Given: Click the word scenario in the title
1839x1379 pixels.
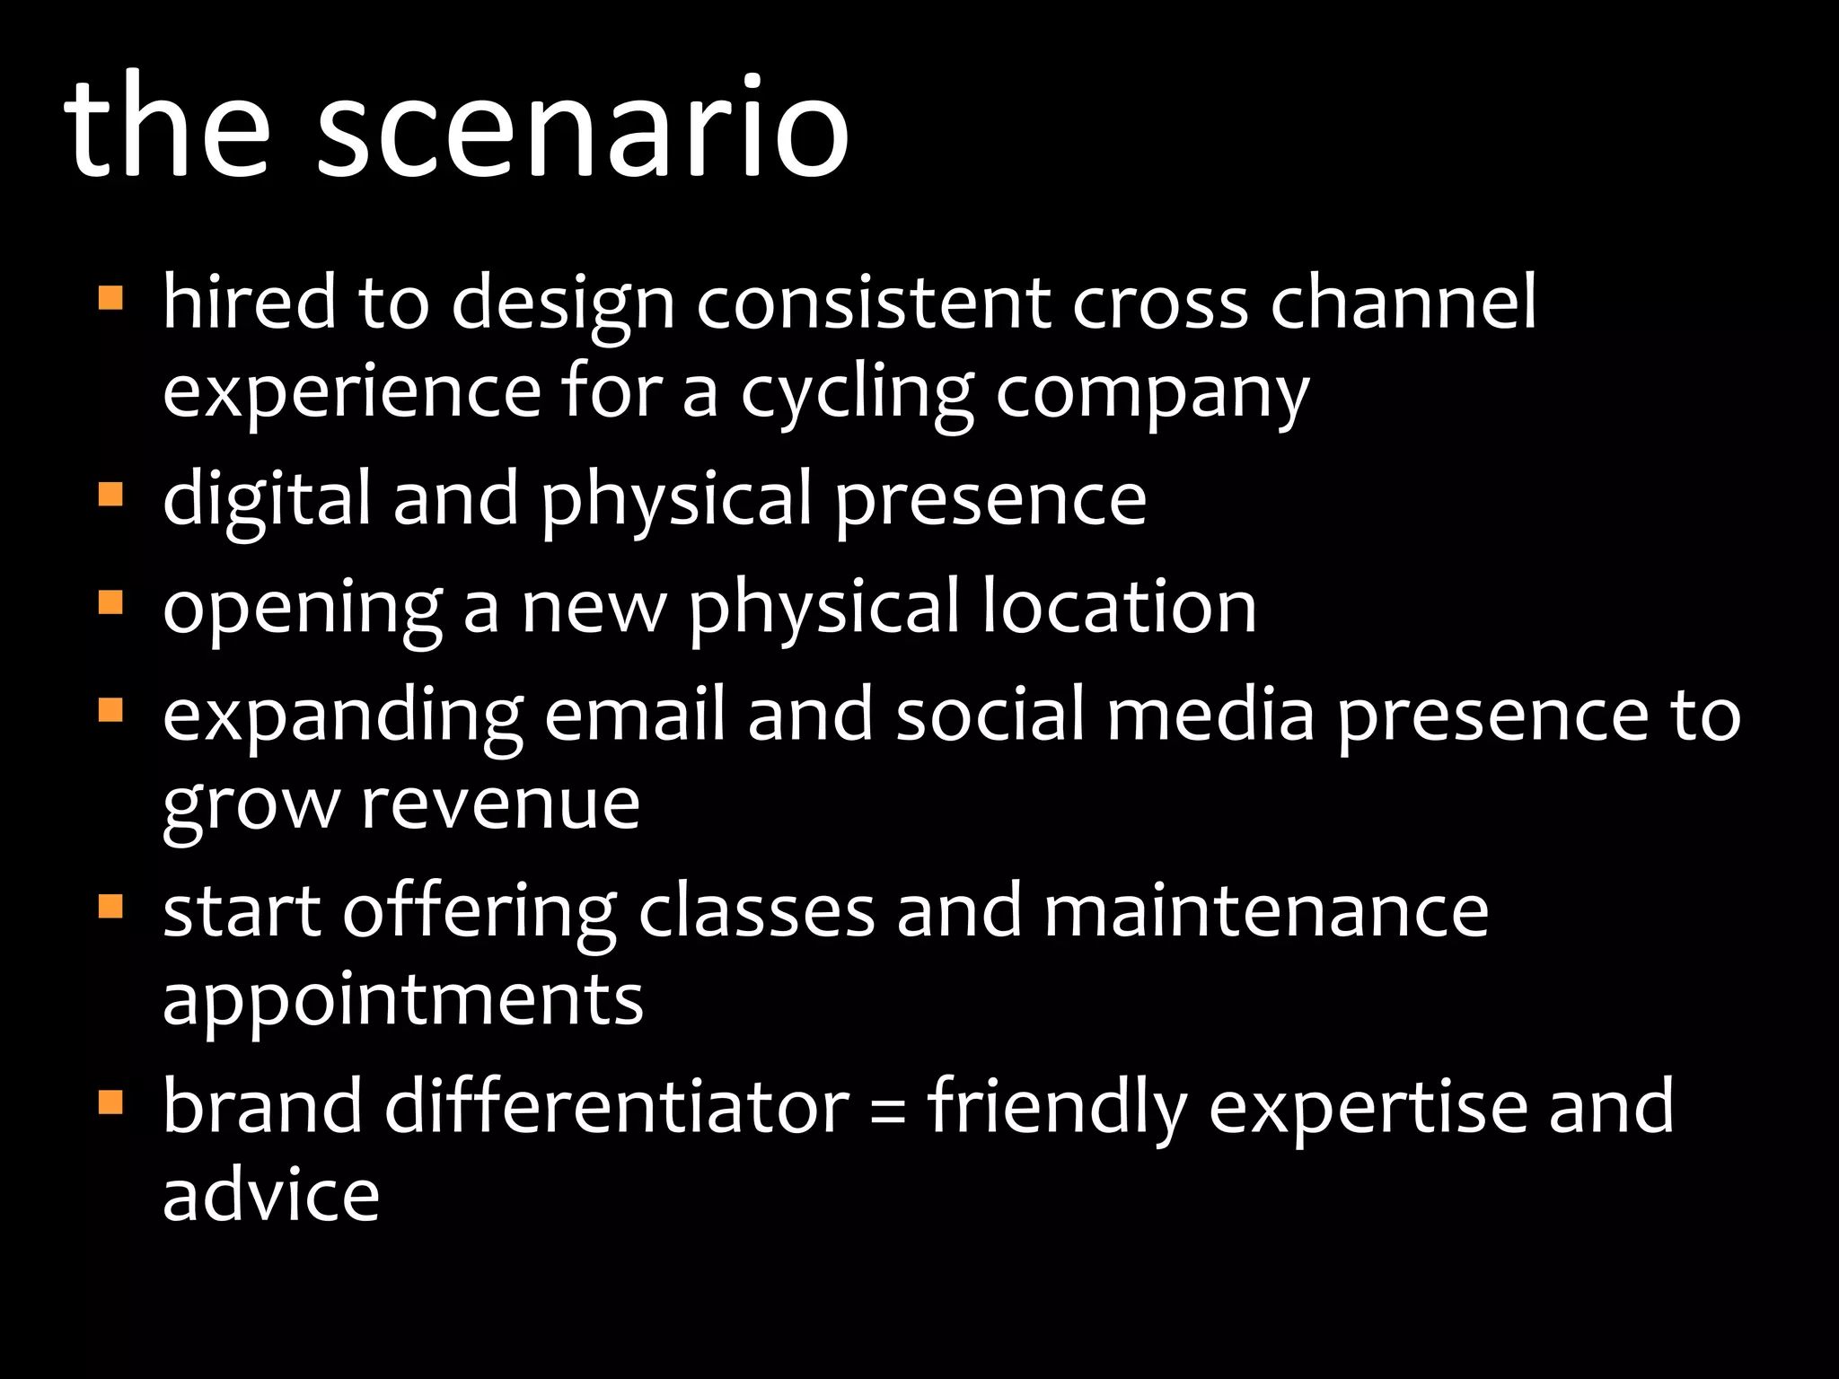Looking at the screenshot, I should [582, 127].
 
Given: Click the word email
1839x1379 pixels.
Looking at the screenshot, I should [634, 716].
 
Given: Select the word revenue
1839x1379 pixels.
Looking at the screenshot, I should [500, 803].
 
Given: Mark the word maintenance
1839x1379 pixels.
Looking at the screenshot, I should [1266, 910].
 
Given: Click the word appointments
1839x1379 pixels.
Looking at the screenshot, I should [403, 1000].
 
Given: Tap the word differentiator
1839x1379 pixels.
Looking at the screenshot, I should [617, 1106].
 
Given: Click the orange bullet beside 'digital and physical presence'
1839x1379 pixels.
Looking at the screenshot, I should [110, 494].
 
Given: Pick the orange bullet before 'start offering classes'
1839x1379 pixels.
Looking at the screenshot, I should [110, 905].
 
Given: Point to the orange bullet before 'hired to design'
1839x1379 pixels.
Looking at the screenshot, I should [110, 297].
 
